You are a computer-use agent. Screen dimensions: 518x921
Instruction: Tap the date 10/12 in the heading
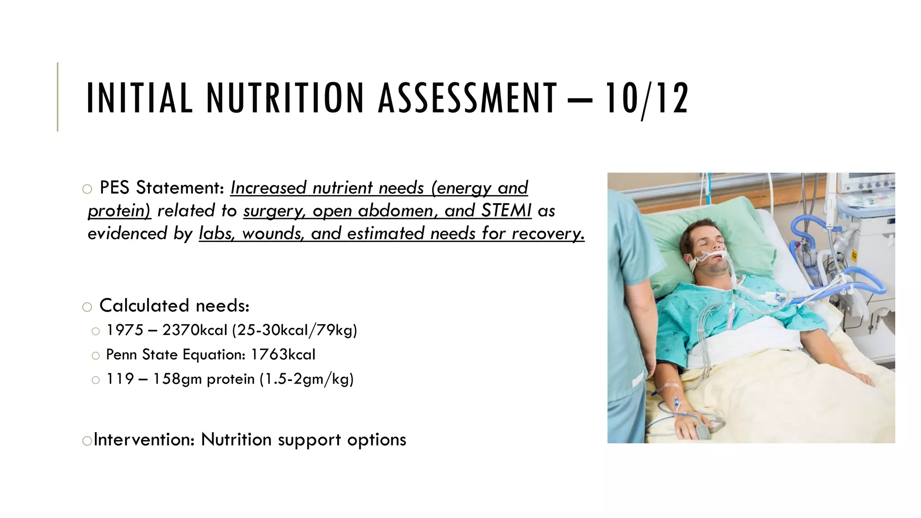click(646, 98)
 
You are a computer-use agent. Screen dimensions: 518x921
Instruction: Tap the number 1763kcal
click(283, 354)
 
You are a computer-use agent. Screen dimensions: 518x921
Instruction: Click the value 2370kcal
click(195, 330)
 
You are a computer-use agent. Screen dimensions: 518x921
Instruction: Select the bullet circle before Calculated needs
click(87, 307)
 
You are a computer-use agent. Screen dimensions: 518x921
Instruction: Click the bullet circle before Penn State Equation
click(95, 356)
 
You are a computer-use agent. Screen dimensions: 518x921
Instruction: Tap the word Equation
click(214, 355)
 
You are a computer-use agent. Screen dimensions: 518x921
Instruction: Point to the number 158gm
click(177, 379)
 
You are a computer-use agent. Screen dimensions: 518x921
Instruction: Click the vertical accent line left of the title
click(58, 97)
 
